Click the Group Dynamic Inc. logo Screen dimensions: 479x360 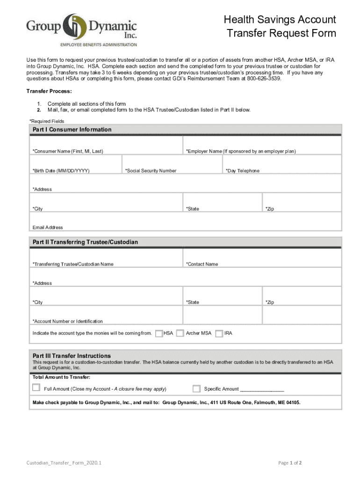point(81,29)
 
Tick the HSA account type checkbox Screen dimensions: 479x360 point(159,334)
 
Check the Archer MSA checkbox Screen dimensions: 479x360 point(180,334)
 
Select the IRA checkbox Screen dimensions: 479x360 point(219,334)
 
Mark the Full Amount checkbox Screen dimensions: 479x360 point(36,387)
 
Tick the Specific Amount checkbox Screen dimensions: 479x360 point(196,389)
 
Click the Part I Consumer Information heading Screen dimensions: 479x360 point(72,130)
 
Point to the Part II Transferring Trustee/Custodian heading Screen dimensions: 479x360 point(85,242)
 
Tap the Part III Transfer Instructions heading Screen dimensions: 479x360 point(72,356)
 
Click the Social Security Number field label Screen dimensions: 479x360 point(151,171)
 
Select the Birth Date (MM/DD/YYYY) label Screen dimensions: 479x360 point(61,171)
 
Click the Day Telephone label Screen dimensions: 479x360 point(243,171)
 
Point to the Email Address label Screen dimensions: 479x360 point(48,227)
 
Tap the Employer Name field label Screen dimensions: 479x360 point(241,152)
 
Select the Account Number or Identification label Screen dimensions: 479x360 point(68,321)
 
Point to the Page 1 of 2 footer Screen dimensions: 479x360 point(290,463)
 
